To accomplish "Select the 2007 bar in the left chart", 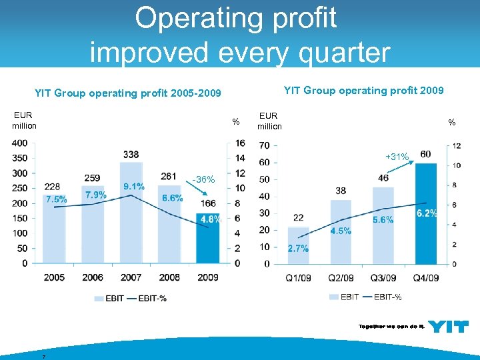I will coord(131,213).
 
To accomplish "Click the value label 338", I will coord(131,155).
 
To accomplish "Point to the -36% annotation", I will coord(203,180).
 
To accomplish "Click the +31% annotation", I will coord(397,157).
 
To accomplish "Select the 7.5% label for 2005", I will coord(56,199).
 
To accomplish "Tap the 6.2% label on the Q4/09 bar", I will coord(427,213).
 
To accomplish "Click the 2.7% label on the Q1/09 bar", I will coord(298,248).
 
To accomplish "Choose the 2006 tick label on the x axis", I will coord(93,277).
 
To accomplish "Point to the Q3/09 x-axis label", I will coord(384,277).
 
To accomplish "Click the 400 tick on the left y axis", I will coord(19,143).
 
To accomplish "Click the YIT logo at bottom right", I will coord(448,326).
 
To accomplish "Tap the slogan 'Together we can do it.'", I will coord(391,327).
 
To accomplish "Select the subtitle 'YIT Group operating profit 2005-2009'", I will coord(127,93).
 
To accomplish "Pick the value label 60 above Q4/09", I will coord(425,154).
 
